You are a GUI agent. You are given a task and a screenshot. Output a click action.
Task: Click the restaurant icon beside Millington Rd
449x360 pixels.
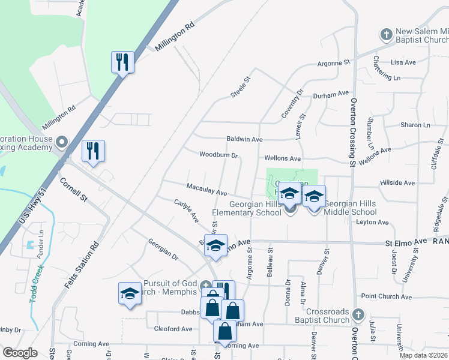pyautogui.click(x=122, y=62)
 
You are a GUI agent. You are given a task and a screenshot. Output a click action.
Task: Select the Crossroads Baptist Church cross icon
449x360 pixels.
pyautogui.click(x=358, y=314)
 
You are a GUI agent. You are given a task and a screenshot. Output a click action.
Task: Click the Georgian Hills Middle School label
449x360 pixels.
pyautogui.click(x=350, y=208)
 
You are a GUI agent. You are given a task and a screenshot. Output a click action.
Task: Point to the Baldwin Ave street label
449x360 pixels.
pyautogui.click(x=244, y=139)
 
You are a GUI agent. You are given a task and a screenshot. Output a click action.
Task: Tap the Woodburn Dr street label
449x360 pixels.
pyautogui.click(x=219, y=155)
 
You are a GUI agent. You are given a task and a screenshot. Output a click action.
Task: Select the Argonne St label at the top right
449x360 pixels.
pyautogui.click(x=333, y=62)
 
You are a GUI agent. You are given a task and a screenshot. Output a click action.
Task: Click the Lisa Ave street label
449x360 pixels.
pyautogui.click(x=403, y=62)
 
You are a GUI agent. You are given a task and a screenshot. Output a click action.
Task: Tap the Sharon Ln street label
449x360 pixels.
pyautogui.click(x=415, y=125)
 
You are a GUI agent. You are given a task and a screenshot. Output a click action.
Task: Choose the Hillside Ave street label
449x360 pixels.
pyautogui.click(x=397, y=183)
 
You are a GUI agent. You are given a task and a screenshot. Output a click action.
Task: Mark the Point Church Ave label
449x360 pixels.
pyautogui.click(x=386, y=297)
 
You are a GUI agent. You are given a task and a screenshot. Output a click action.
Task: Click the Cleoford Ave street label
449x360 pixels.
pyautogui.click(x=173, y=329)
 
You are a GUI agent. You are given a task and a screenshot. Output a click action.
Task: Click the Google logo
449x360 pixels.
pyautogui.click(x=20, y=353)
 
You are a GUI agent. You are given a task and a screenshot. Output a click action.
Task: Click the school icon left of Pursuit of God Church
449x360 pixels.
pyautogui.click(x=129, y=293)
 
